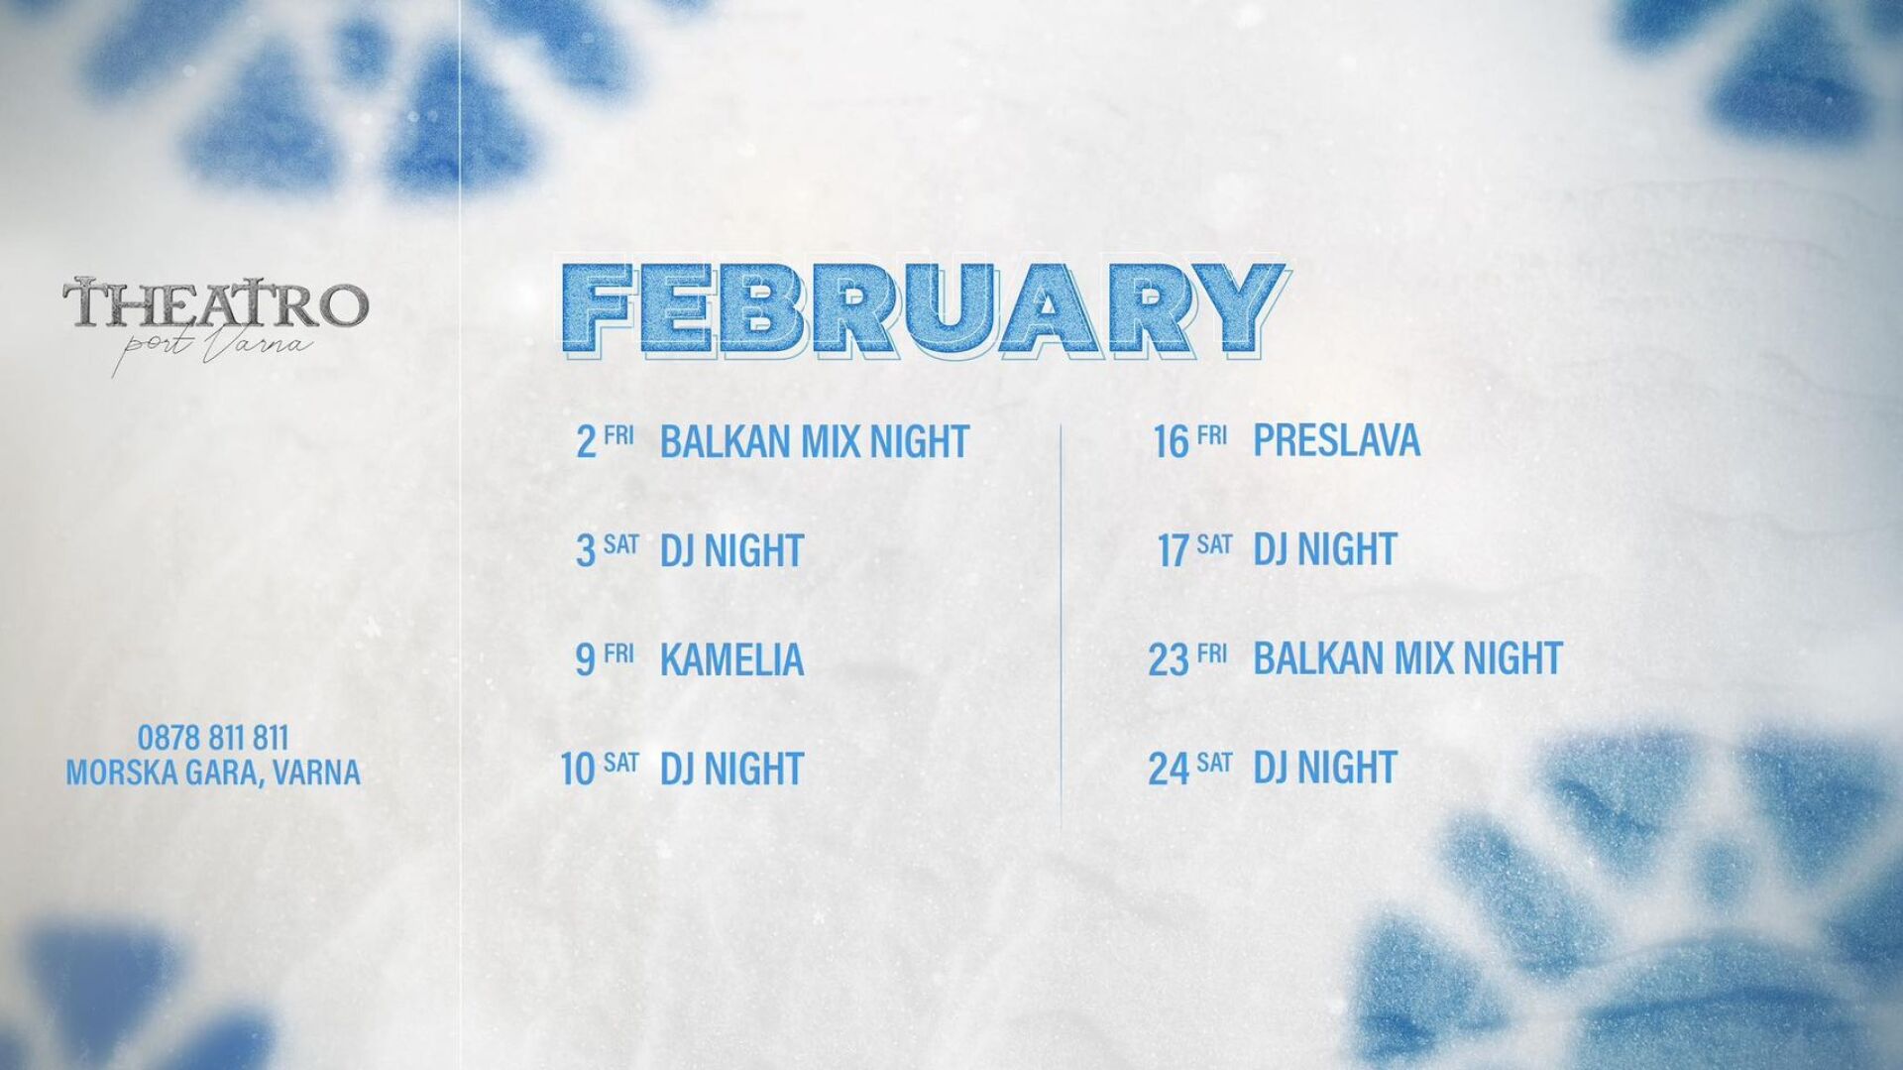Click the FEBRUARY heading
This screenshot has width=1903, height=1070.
(923, 309)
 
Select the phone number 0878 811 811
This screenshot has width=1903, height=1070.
(213, 738)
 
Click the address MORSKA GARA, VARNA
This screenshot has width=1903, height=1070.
(213, 773)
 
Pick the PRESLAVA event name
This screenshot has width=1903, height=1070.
(1336, 440)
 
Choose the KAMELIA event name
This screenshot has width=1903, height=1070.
(731, 659)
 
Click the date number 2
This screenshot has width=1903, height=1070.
(587, 442)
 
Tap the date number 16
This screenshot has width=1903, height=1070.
(1171, 442)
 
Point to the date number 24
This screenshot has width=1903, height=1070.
(1169, 769)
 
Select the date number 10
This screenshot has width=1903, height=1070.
(577, 770)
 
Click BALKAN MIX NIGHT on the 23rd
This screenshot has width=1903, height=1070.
(1407, 658)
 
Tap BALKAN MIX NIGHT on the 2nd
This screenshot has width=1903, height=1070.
(814, 441)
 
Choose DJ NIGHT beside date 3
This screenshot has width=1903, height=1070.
(731, 550)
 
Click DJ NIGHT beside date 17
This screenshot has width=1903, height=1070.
(1325, 549)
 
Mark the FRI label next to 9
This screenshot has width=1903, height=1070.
(618, 653)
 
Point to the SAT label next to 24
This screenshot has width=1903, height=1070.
(1214, 762)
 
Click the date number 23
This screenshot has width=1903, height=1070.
(1169, 660)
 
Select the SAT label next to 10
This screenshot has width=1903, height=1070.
(620, 762)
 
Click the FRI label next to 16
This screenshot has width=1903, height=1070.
(1212, 434)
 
